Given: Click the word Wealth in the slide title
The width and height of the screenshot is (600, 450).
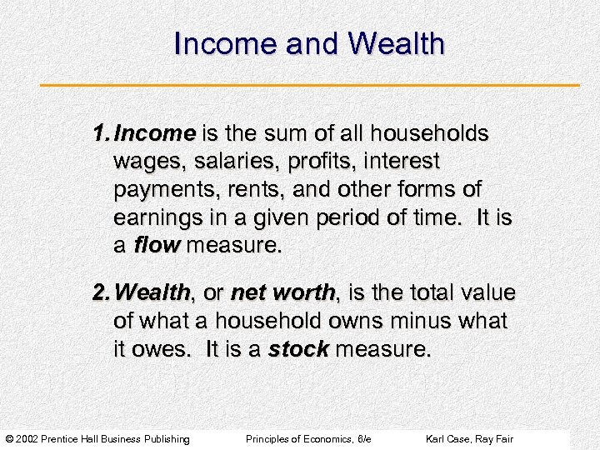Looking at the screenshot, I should pyautogui.click(x=396, y=44).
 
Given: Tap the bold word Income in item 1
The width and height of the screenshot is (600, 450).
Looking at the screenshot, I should pyautogui.click(x=154, y=133).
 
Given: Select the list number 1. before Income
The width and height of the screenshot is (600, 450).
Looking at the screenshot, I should pyautogui.click(x=102, y=133).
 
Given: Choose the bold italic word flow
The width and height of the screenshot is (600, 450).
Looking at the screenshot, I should pyautogui.click(x=158, y=245).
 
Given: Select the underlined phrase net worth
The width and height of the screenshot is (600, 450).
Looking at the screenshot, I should pyautogui.click(x=282, y=292).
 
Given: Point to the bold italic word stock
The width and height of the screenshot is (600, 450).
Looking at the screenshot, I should pyautogui.click(x=298, y=349).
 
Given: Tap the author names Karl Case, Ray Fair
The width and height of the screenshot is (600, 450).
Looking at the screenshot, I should pyautogui.click(x=469, y=439).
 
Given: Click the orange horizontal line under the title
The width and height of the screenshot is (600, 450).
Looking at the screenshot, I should pyautogui.click(x=310, y=85).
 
